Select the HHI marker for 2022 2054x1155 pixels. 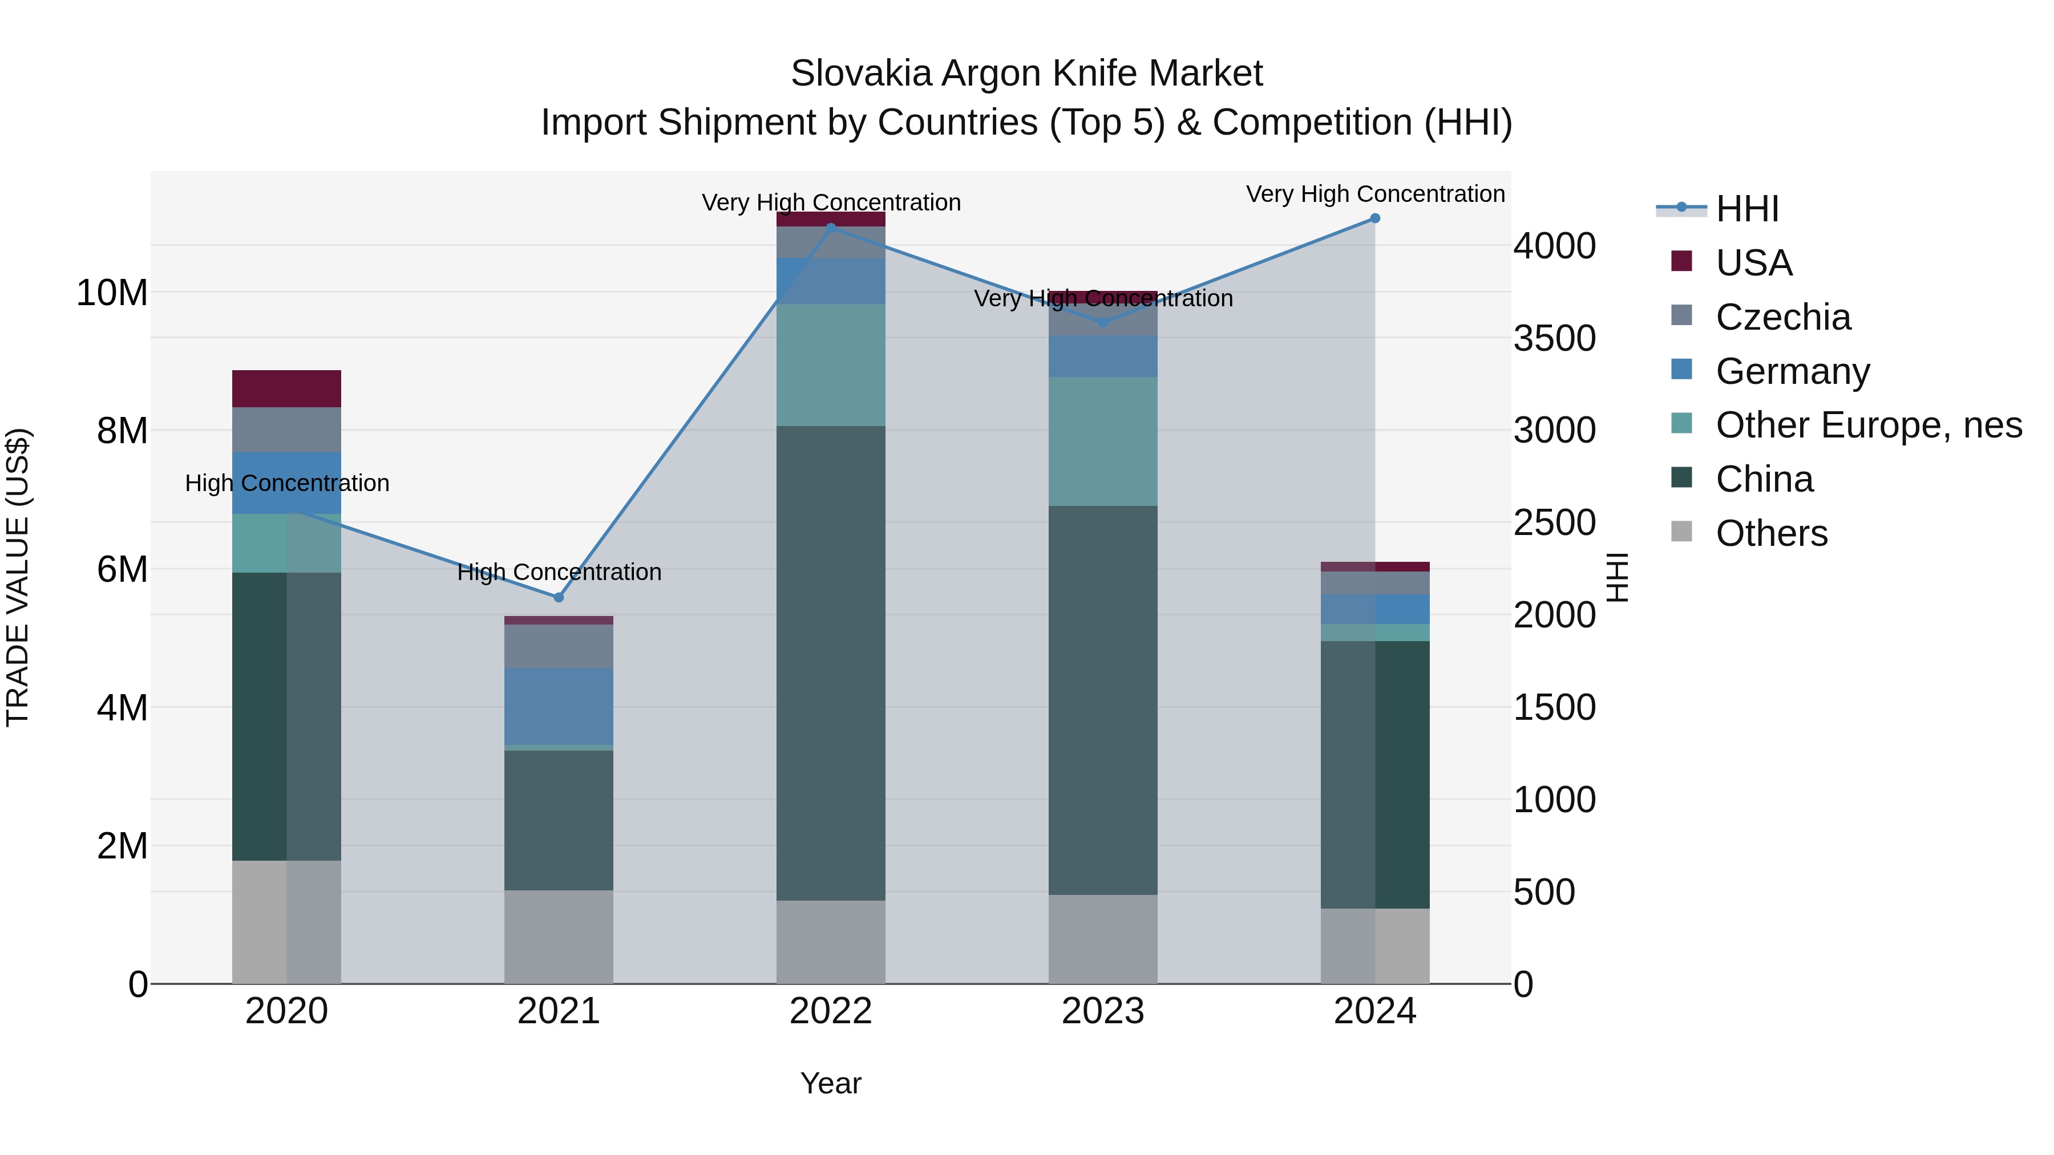pyautogui.click(x=831, y=228)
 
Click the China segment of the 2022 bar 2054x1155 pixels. pyautogui.click(x=831, y=663)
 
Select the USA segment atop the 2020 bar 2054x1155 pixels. pyautogui.click(x=286, y=389)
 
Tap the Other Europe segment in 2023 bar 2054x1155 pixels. pyautogui.click(x=1103, y=441)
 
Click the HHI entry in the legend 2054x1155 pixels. pyautogui.click(x=1746, y=209)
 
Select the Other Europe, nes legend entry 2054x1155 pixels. pyautogui.click(x=1868, y=425)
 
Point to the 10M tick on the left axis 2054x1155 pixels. pyautogui.click(x=112, y=293)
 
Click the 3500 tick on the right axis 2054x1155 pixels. pyautogui.click(x=1555, y=338)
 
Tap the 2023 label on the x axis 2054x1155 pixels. pyautogui.click(x=1103, y=1011)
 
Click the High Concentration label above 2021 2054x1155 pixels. pyautogui.click(x=559, y=572)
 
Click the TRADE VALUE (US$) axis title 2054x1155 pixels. pyautogui.click(x=18, y=577)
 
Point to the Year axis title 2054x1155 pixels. pyautogui.click(x=831, y=1083)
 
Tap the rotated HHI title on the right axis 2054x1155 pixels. pyautogui.click(x=1617, y=577)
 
